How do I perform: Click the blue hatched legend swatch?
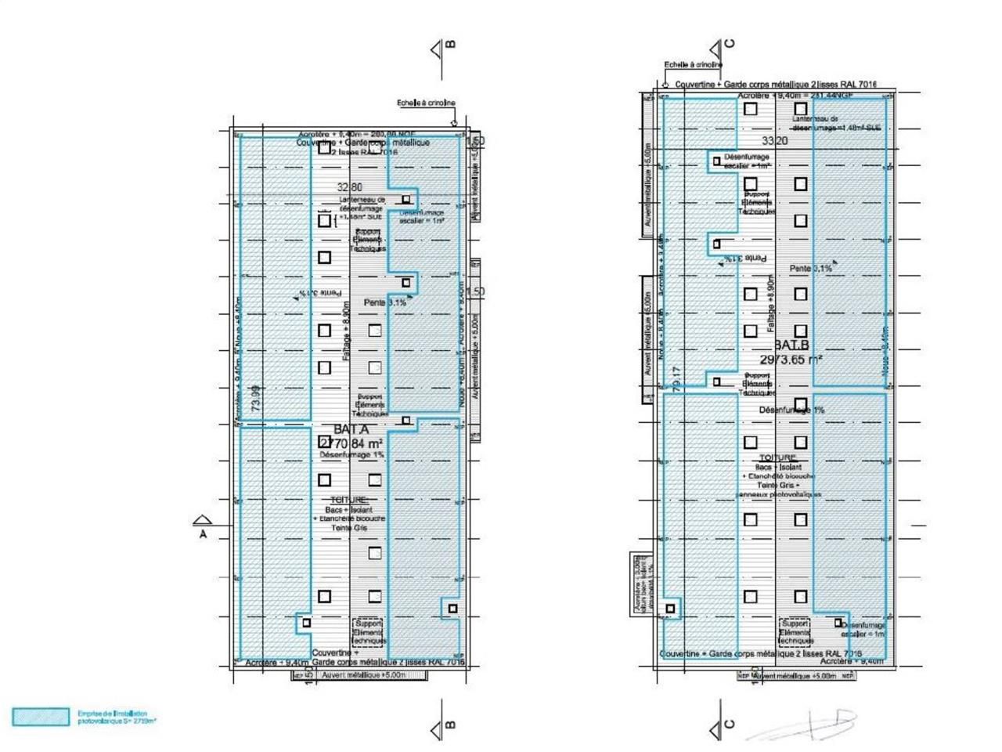41,717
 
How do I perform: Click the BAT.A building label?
351,430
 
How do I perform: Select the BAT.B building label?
791,345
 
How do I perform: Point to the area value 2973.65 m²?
791,360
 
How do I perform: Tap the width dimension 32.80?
349,188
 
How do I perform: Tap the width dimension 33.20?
774,141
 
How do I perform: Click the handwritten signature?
806,725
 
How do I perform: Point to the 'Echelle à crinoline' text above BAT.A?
426,103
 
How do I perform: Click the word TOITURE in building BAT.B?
777,457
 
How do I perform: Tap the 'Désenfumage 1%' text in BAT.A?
351,455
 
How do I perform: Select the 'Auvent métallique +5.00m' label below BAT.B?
795,675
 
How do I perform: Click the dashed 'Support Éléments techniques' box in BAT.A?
368,631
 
